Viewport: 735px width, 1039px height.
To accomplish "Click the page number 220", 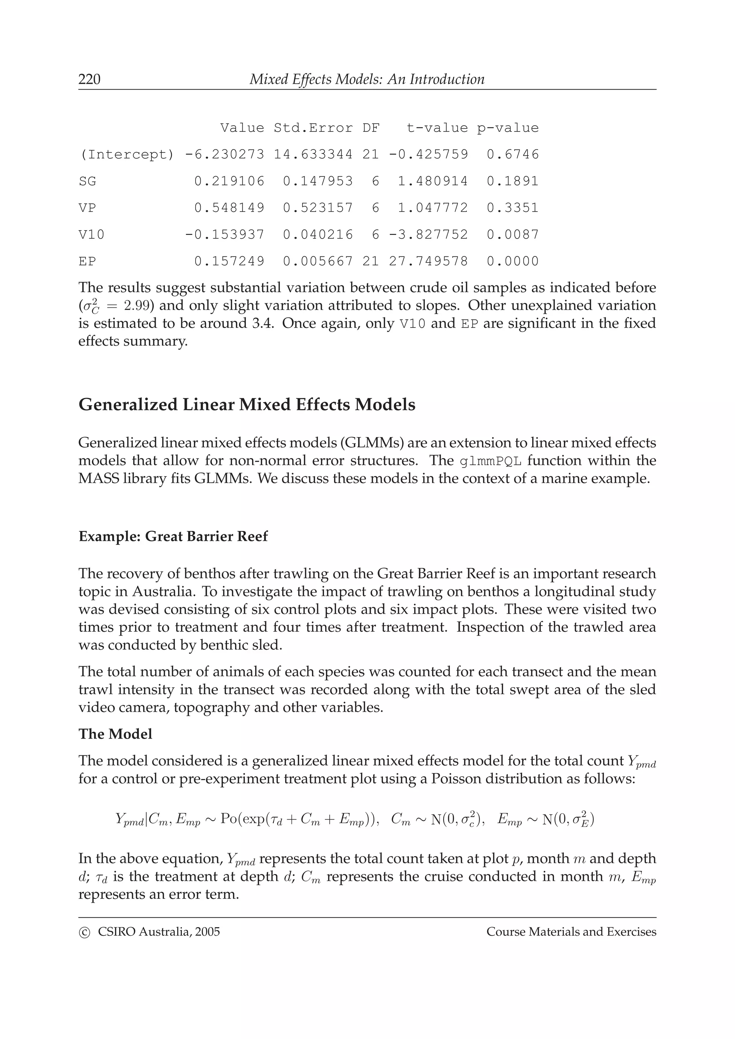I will pyautogui.click(x=90, y=80).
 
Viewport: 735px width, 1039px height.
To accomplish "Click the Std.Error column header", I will pyautogui.click(x=313, y=128).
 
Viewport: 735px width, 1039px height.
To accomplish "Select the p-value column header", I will pyautogui.click(x=508, y=128).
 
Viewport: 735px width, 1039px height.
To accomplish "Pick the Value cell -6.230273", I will pyautogui.click(x=225, y=155).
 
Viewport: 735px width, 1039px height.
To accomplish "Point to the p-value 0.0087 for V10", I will pyautogui.click(x=512, y=235).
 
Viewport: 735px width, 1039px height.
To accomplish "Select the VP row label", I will pyautogui.click(x=88, y=208).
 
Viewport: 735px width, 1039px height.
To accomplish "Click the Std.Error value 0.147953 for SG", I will pyautogui.click(x=318, y=181).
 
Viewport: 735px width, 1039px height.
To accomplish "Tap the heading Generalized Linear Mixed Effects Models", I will pyautogui.click(x=247, y=404).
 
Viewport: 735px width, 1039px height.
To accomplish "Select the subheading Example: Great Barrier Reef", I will pyautogui.click(x=173, y=537).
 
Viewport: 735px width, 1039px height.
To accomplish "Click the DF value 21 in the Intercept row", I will pyautogui.click(x=370, y=155).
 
